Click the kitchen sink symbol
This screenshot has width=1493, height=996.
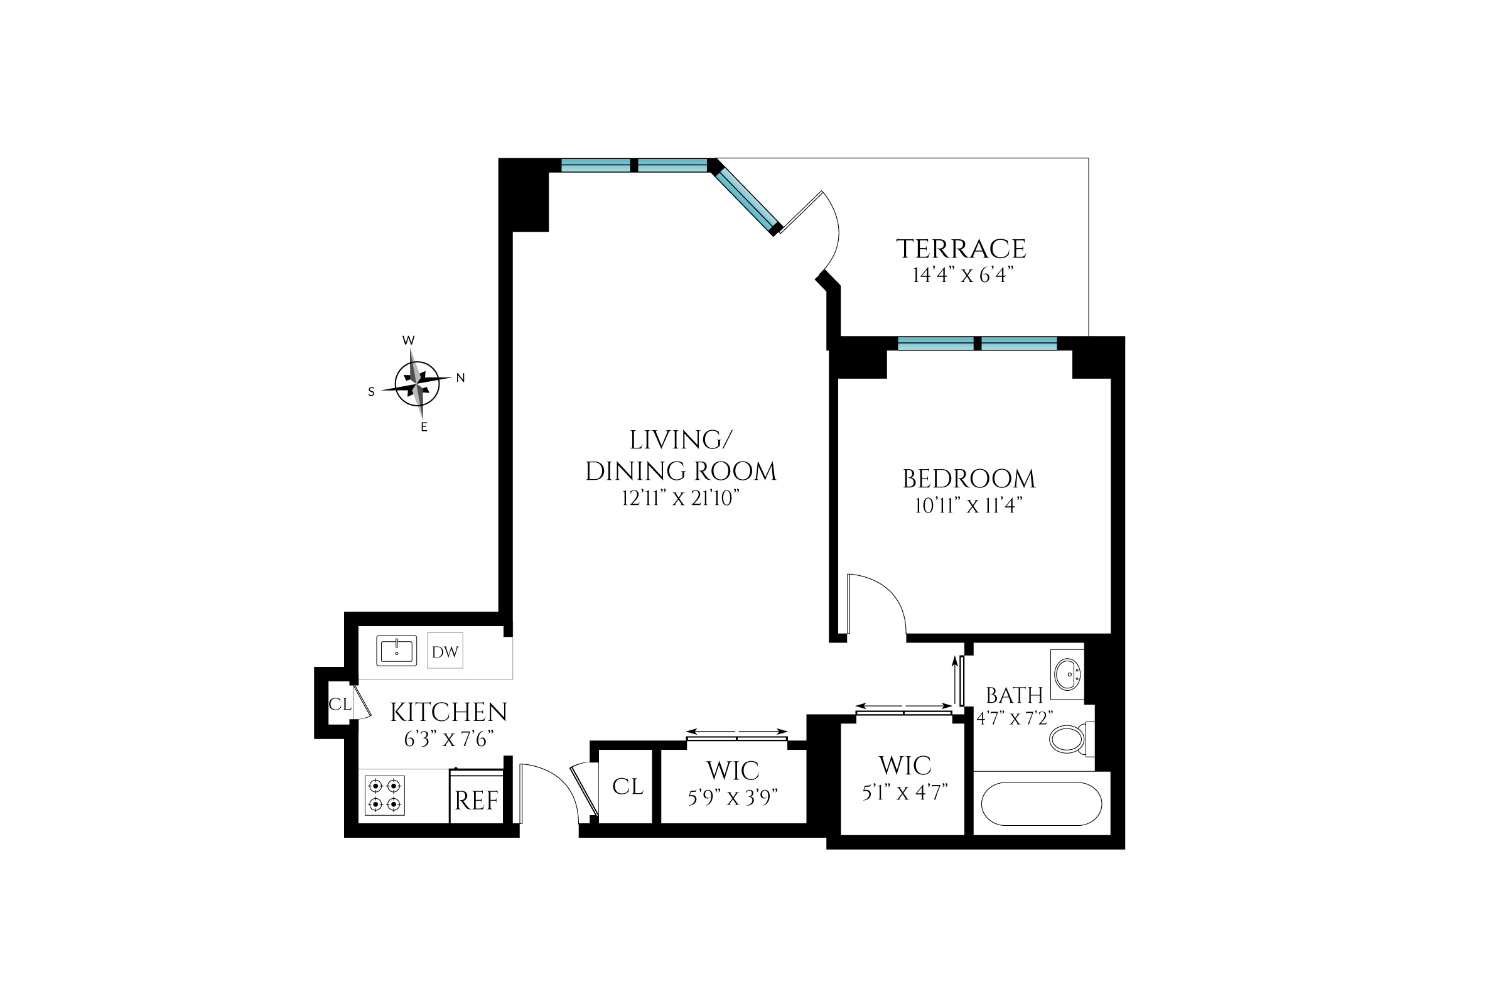point(396,651)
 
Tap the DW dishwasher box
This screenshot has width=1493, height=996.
point(445,651)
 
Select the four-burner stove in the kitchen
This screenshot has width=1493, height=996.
point(385,795)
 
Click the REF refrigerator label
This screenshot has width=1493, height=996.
point(477,801)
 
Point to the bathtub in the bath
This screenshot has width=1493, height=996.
point(1041,804)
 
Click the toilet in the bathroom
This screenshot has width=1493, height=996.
point(1069,739)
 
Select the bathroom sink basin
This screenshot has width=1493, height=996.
point(1067,674)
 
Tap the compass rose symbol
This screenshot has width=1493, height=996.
point(418,384)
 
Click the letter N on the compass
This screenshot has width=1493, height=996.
point(460,378)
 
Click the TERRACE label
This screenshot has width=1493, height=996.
point(961,249)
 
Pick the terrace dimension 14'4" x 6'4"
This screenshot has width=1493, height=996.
point(962,276)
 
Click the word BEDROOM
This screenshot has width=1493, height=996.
point(969,479)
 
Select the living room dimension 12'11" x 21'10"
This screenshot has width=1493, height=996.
point(681,498)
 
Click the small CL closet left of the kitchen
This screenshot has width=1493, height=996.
point(339,704)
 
